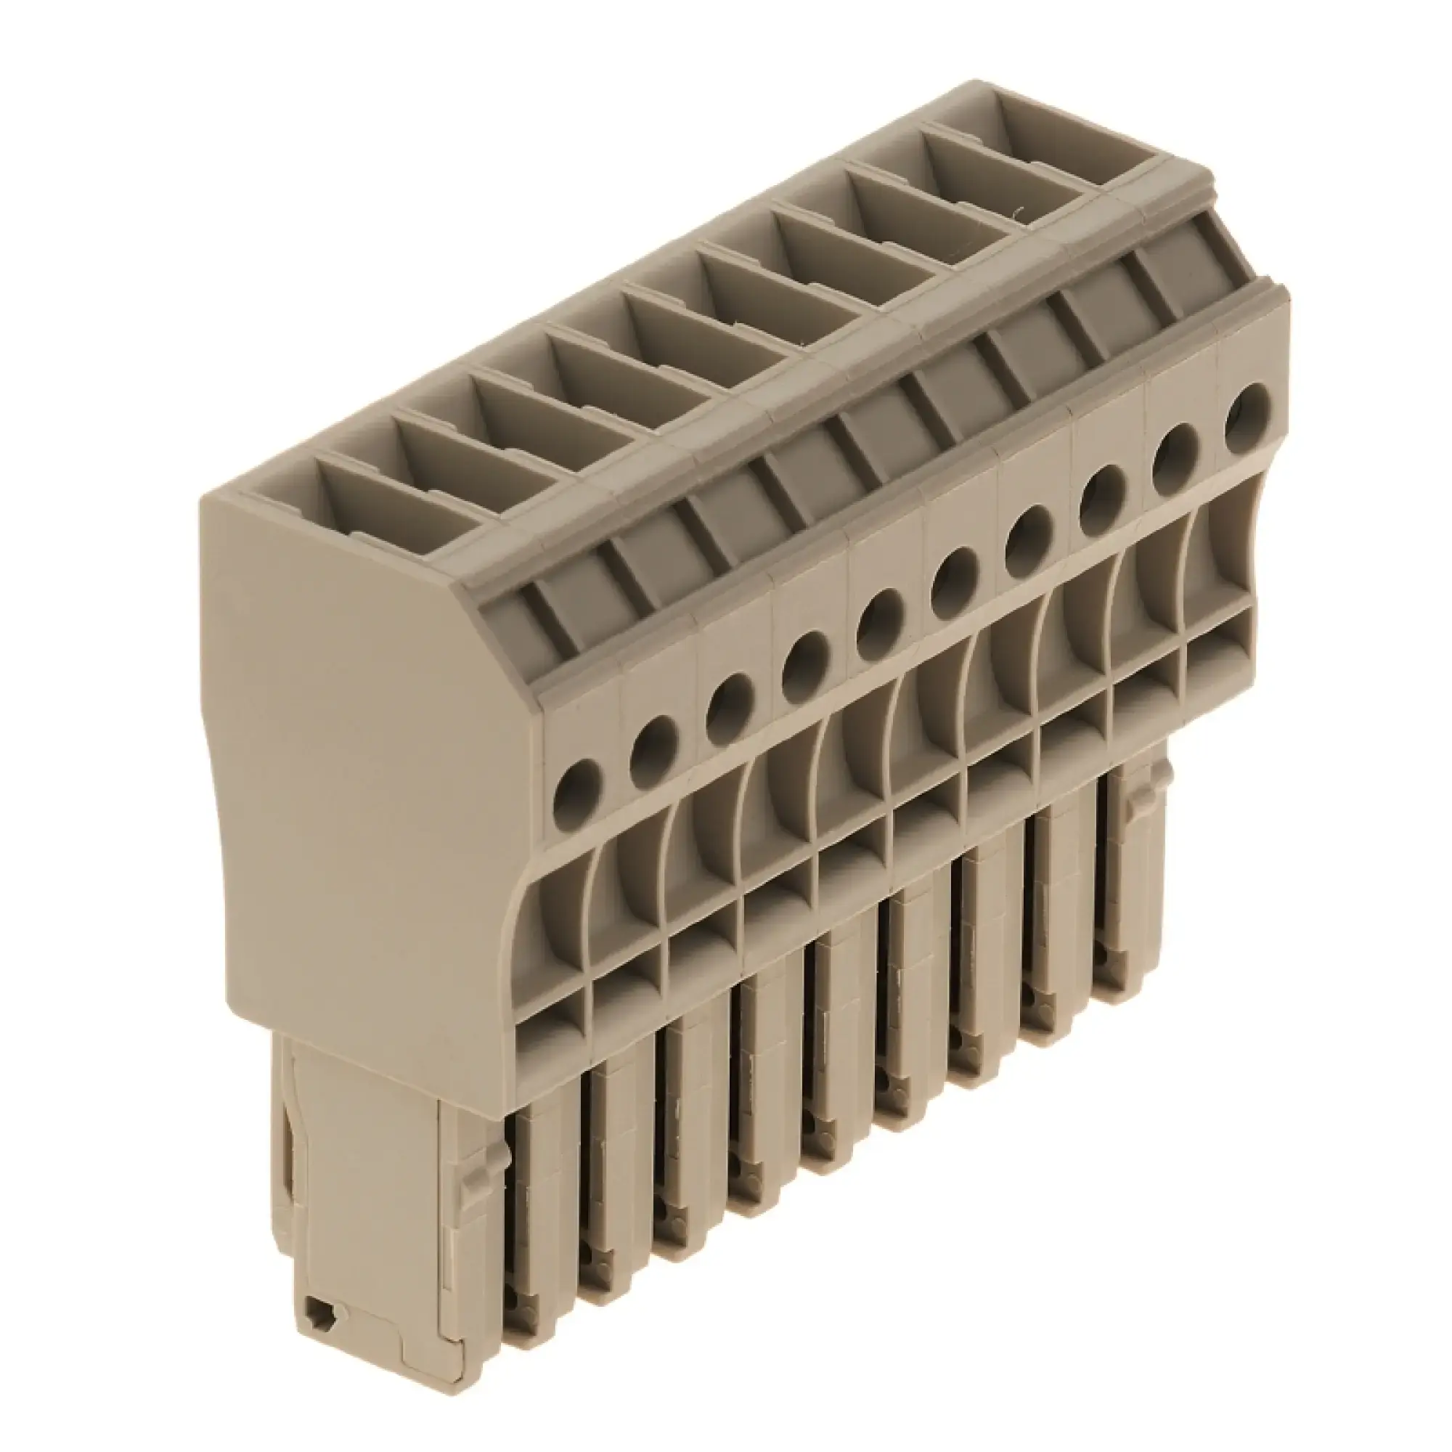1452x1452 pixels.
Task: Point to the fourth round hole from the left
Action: (x=805, y=656)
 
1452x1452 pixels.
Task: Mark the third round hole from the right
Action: (x=1102, y=492)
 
